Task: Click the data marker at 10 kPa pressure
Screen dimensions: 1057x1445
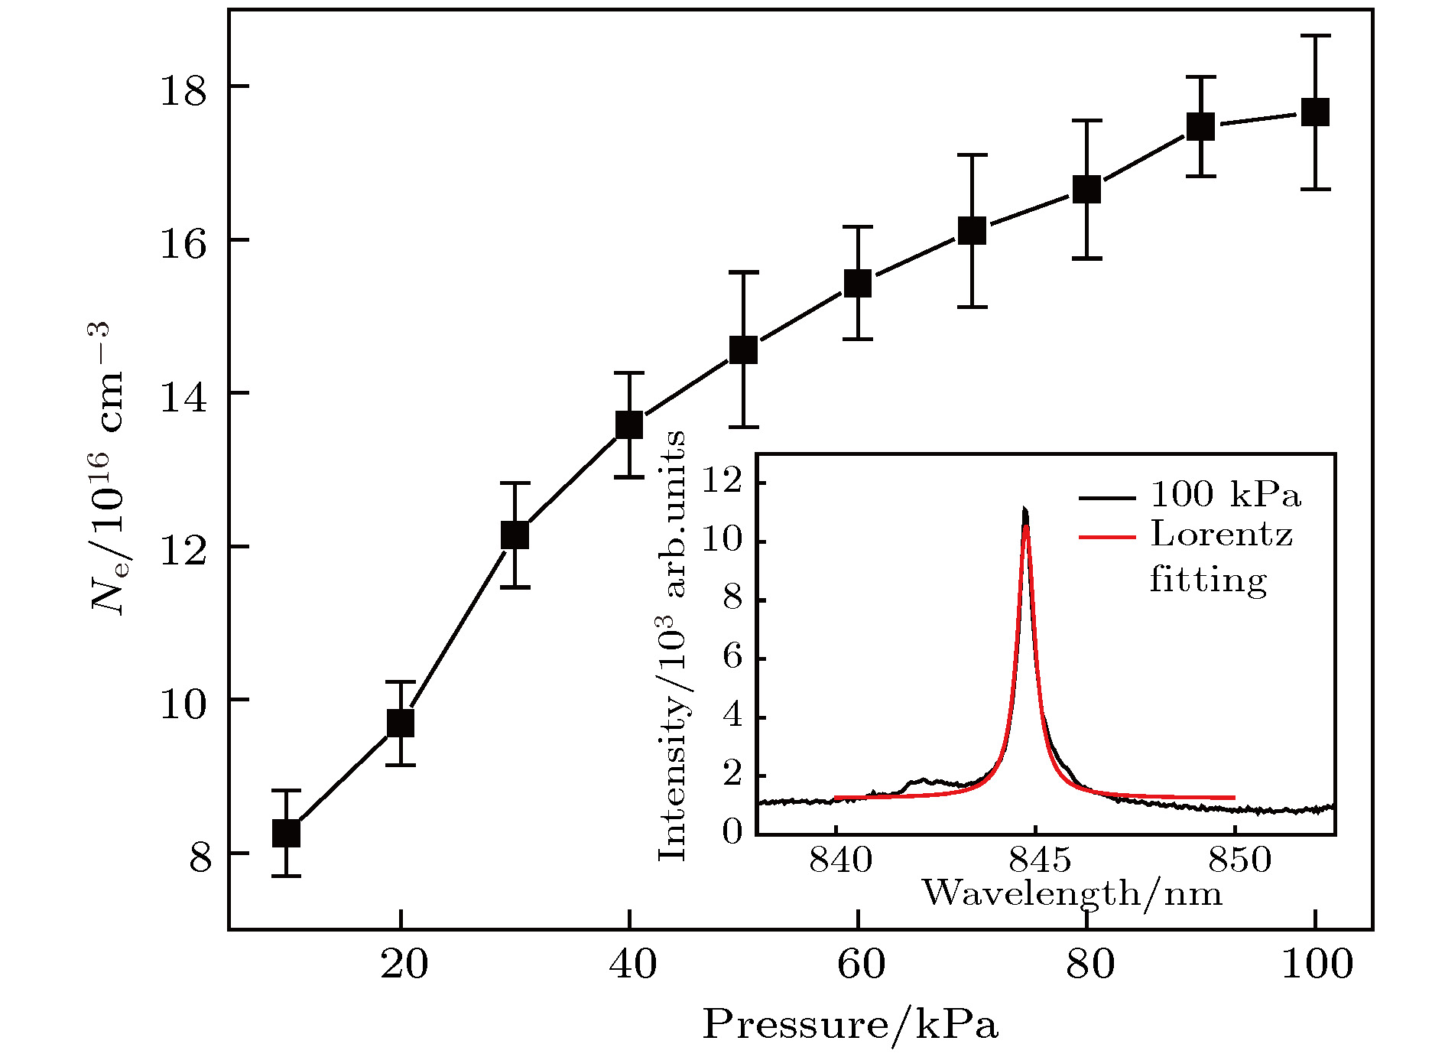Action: [x=286, y=833]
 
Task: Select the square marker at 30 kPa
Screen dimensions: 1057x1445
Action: [x=515, y=535]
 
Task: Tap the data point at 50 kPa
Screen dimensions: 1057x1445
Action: [x=743, y=350]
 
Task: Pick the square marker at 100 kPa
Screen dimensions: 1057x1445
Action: [x=1315, y=112]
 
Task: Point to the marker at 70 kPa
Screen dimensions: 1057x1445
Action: [x=972, y=230]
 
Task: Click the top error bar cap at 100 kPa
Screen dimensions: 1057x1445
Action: [x=1315, y=36]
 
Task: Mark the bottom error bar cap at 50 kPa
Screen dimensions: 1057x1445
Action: [x=743, y=427]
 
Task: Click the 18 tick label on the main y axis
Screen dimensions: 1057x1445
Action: [x=183, y=90]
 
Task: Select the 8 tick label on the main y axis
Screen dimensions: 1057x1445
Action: [x=200, y=857]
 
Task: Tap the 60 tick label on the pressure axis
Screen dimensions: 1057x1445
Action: [x=861, y=964]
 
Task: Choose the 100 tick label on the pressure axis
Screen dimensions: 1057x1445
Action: [x=1317, y=964]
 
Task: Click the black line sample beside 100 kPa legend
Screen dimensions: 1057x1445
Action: [x=1106, y=498]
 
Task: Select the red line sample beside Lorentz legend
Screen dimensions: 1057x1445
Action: [x=1106, y=538]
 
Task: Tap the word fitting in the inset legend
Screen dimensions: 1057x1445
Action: [x=1208, y=579]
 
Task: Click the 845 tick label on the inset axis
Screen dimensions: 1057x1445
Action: [x=1040, y=860]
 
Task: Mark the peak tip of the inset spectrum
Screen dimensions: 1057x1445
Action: [x=1024, y=508]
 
